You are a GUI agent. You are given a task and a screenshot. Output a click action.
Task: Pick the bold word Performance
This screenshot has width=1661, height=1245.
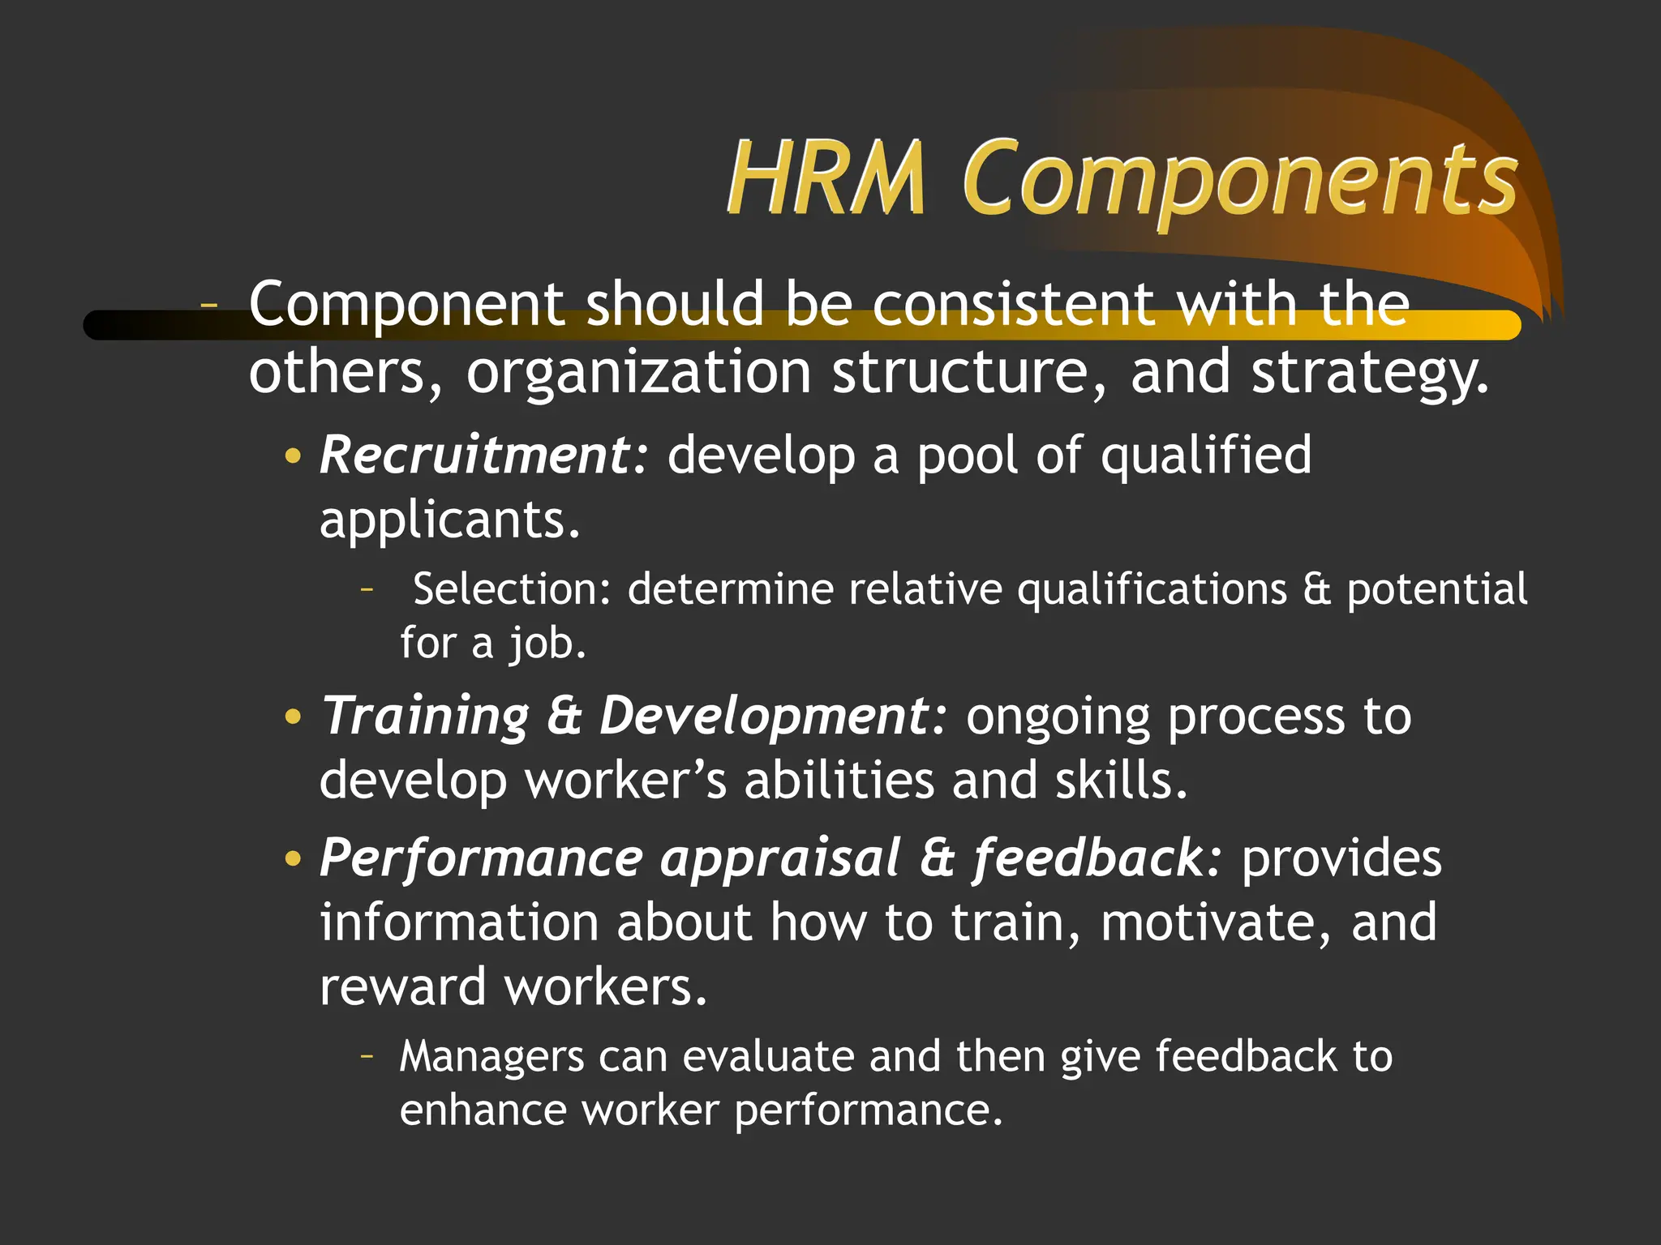point(482,858)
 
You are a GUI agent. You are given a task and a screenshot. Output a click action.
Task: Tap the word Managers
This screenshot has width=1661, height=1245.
point(491,1057)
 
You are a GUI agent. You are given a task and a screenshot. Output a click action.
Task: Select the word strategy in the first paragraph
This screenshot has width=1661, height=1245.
point(1369,374)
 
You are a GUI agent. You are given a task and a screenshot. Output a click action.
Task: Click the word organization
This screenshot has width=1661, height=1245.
point(639,374)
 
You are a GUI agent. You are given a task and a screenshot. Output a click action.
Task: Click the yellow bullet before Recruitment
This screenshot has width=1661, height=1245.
point(293,456)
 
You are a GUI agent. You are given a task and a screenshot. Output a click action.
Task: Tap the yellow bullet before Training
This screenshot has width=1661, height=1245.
point(293,717)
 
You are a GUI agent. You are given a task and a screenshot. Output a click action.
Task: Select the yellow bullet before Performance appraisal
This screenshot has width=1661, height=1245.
point(293,859)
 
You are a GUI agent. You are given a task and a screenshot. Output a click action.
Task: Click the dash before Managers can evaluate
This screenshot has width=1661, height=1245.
point(367,1055)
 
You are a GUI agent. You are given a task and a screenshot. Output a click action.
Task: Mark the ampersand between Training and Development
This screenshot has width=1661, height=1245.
point(564,717)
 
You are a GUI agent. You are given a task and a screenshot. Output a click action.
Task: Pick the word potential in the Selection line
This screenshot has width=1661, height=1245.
point(1436,589)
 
